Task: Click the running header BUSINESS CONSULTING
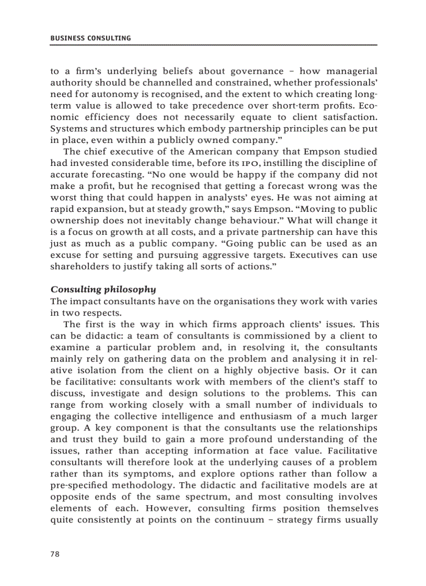pyautogui.click(x=90, y=38)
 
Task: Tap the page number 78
pyautogui.click(x=55, y=554)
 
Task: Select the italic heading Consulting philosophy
pyautogui.click(x=103, y=289)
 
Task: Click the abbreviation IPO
pyautogui.click(x=255, y=164)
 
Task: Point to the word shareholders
pyautogui.click(x=77, y=267)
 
